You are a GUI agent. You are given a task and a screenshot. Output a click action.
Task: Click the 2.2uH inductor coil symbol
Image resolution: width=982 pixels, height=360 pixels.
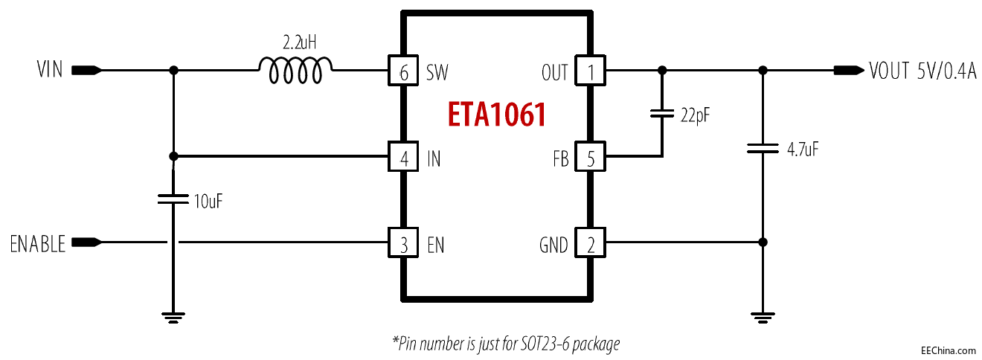click(x=295, y=71)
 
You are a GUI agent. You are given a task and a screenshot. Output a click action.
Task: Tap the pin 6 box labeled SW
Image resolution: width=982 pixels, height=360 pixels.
click(x=403, y=71)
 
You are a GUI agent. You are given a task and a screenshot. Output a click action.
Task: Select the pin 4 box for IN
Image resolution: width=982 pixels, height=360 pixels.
click(x=403, y=158)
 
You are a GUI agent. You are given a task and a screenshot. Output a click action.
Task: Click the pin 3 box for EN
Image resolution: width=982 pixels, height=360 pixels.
click(x=403, y=244)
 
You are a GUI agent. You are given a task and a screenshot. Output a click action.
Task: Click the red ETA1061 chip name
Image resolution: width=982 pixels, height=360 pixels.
click(x=497, y=115)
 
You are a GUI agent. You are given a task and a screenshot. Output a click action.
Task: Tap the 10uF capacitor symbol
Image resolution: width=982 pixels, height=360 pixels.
click(x=173, y=199)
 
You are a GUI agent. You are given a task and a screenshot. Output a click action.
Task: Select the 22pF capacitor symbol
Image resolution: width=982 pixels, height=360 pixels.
click(x=661, y=114)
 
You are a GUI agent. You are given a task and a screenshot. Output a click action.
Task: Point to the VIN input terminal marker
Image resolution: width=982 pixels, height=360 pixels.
click(x=86, y=71)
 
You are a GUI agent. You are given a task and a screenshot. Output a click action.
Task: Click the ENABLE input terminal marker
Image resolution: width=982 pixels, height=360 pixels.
click(x=86, y=242)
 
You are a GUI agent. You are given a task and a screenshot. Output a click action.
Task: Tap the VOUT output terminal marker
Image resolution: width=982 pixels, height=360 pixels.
click(x=848, y=71)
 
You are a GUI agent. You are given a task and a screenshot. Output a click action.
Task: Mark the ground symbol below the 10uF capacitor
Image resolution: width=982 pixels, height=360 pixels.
click(x=173, y=317)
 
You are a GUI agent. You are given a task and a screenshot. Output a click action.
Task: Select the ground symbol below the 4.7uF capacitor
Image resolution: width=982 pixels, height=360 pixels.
click(x=763, y=317)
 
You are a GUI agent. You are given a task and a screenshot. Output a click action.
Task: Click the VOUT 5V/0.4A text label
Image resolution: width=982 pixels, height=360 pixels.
click(x=922, y=71)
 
